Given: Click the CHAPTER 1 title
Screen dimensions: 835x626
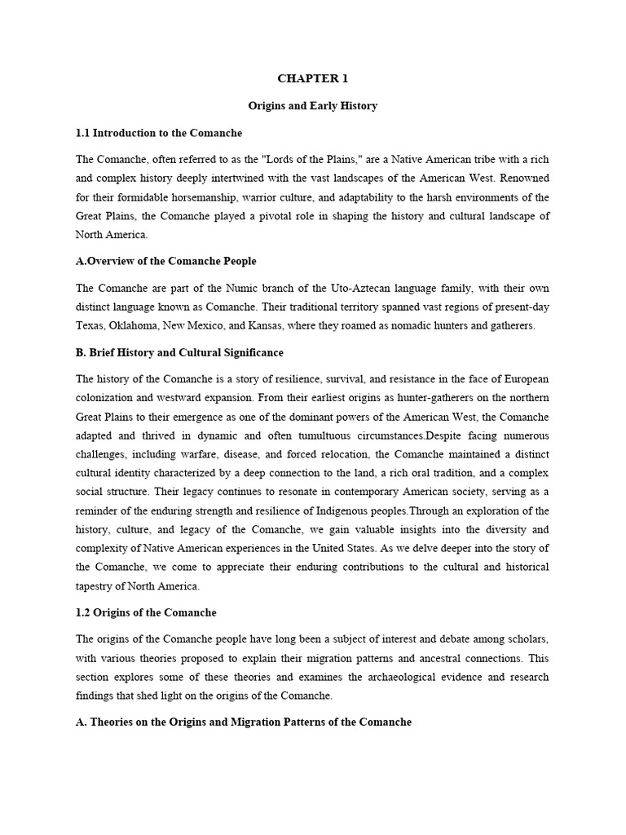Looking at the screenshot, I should [313, 78].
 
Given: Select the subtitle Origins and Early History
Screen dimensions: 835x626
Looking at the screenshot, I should [313, 106].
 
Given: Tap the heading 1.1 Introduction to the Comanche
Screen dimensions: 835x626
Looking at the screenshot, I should [159, 133].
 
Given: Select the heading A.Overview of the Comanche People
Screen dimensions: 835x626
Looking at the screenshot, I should [165, 261].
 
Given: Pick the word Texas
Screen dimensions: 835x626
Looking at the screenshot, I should [90, 325].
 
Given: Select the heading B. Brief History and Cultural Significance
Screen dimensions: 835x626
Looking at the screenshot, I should [179, 352].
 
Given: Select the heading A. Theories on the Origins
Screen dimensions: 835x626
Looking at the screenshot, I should [244, 722].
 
